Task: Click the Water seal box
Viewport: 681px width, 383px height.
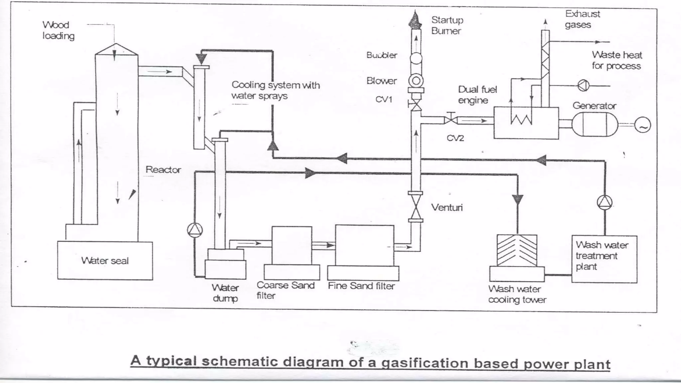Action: (105, 261)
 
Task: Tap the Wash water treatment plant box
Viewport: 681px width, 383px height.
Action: (604, 259)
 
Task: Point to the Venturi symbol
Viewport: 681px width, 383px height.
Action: (416, 207)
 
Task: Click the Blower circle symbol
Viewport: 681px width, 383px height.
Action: (416, 81)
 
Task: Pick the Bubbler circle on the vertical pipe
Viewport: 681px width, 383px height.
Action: (416, 59)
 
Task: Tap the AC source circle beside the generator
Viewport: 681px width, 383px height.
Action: (642, 125)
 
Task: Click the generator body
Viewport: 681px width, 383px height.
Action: (595, 125)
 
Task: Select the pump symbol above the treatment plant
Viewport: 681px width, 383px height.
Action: (605, 202)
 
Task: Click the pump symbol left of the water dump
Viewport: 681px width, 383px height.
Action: (195, 230)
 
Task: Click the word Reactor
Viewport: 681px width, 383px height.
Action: (163, 170)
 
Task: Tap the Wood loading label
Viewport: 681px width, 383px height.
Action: (58, 30)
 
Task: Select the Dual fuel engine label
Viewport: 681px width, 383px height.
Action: (477, 95)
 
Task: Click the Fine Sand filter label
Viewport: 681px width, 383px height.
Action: (361, 286)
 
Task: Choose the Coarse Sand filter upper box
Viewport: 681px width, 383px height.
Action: (292, 245)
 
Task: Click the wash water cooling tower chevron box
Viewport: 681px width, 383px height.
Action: (517, 250)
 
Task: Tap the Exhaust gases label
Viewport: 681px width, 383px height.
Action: (582, 19)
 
